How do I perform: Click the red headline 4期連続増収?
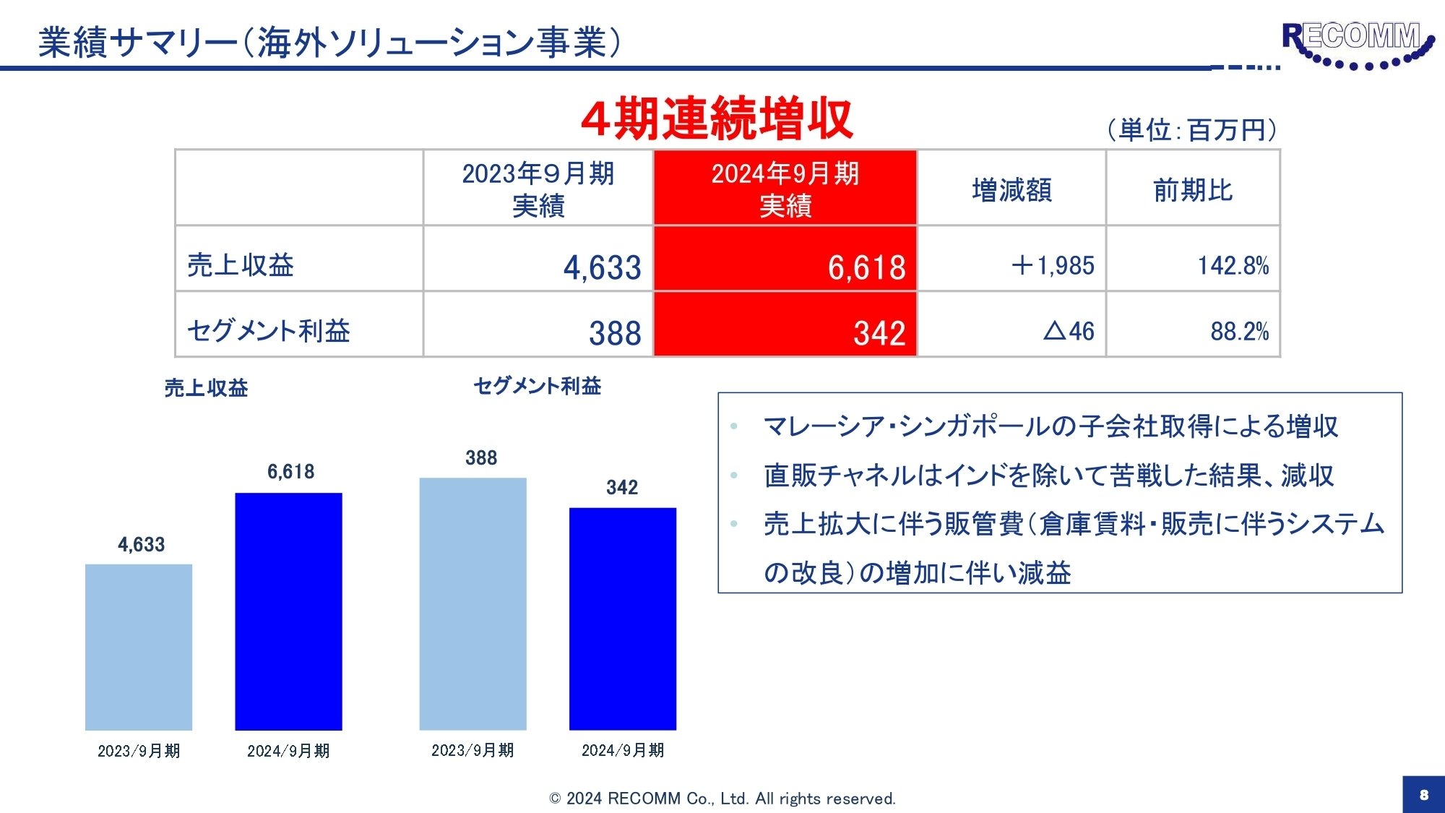pos(717,119)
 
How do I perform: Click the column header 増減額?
pos(1011,190)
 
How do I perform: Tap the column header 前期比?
pos(1193,190)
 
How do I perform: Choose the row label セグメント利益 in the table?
pos(269,330)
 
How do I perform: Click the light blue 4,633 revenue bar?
pos(139,647)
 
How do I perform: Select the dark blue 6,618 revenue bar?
pos(288,611)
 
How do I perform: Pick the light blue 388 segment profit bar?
pos(473,603)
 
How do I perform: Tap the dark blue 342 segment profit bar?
pos(623,619)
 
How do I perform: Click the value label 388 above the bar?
pos(481,457)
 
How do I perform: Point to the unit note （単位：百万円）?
pos(1192,130)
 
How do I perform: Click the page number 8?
pos(1423,794)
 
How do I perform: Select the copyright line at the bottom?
pos(722,799)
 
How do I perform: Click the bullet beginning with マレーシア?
pos(1051,426)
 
